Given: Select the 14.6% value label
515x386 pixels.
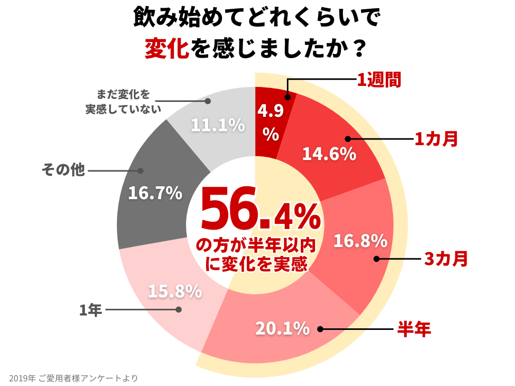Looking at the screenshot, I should tap(329, 154).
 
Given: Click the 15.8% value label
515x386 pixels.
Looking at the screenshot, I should tap(175, 291).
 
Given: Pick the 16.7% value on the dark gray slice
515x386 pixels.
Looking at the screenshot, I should tap(155, 193).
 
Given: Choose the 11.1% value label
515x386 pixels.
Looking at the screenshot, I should tap(217, 125).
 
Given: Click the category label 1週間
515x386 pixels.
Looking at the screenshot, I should tap(379, 80).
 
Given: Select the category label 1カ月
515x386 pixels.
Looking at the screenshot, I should tap(436, 139).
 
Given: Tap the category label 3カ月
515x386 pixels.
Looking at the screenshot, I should tap(445, 259).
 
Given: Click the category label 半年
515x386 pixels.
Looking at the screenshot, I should tap(414, 329).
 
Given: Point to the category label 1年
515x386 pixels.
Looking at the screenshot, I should tap(91, 310).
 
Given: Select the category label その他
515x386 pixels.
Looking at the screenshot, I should tap(63, 170).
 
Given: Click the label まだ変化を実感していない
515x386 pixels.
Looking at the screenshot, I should tap(123, 101).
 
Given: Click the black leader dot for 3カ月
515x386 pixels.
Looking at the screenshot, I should tap(376, 259).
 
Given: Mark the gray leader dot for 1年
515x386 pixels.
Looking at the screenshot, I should tap(179, 310).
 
